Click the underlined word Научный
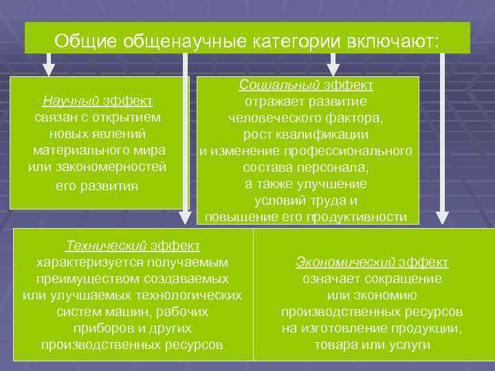[71, 101]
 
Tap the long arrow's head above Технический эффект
[185, 218]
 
